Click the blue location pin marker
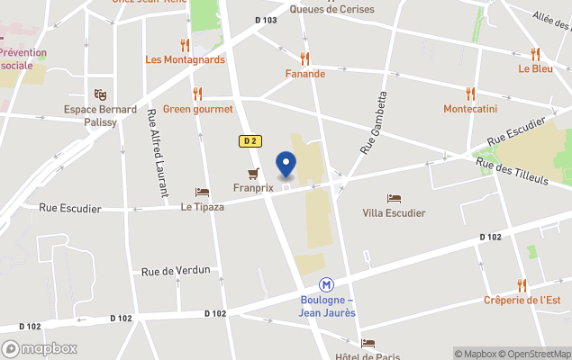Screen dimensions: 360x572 tap(286, 166)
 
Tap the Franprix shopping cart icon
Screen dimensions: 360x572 tap(253, 174)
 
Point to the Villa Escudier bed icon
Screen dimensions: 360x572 tap(393, 198)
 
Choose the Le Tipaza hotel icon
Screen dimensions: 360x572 tap(202, 192)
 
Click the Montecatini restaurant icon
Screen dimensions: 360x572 tap(469, 93)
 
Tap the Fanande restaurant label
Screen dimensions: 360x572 tap(304, 74)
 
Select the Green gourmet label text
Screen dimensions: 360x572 tap(198, 109)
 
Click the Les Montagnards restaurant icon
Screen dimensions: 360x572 tap(185, 45)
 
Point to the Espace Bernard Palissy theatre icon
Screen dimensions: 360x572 tap(100, 94)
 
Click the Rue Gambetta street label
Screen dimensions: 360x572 tap(373, 121)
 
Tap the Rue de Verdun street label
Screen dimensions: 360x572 tap(176, 270)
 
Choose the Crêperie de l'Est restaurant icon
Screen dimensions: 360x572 tap(522, 285)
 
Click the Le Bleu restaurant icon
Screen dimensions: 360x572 tap(535, 53)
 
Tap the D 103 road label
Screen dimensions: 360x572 tap(266, 20)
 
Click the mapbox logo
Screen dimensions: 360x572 tap(41, 348)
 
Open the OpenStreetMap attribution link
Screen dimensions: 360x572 tap(537, 354)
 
